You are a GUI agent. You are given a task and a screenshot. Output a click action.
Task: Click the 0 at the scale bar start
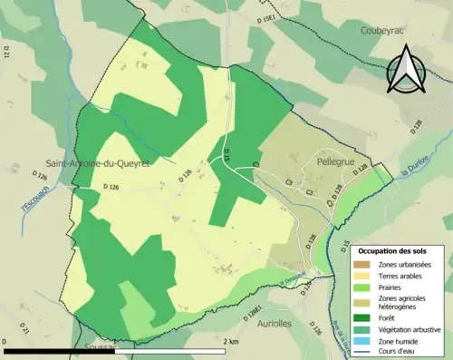5,342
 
